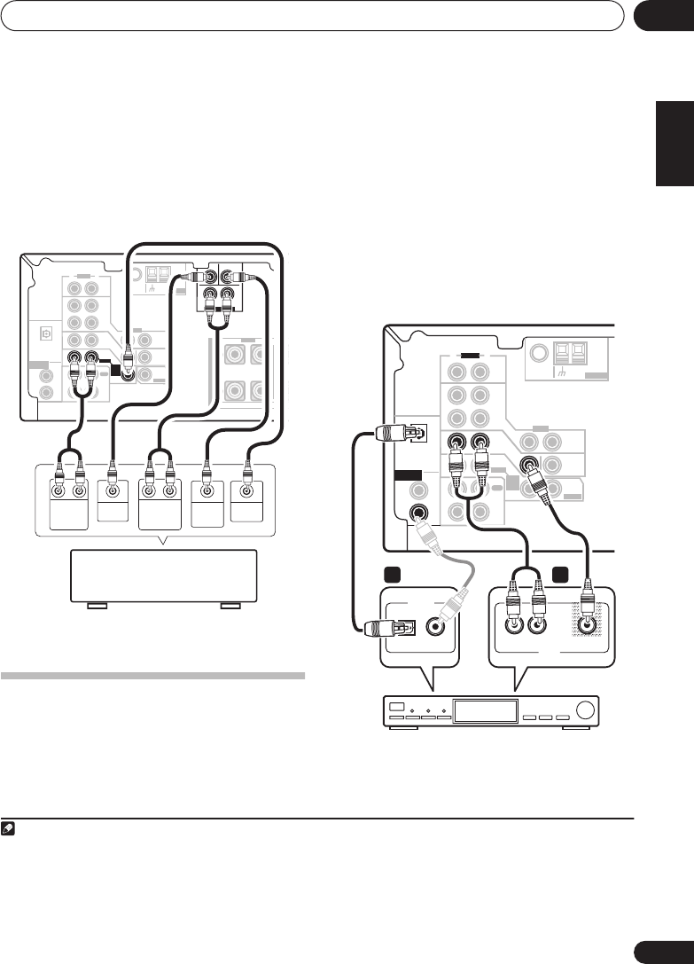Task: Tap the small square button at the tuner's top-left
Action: pos(397,707)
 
